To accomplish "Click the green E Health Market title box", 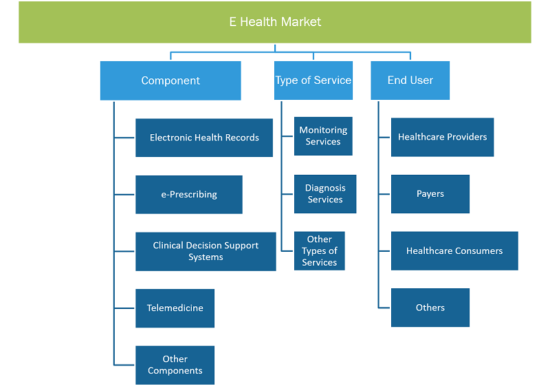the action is (x=275, y=22).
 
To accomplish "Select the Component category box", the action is (x=170, y=81).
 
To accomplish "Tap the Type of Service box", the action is (x=313, y=81).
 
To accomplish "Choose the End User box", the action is (x=410, y=81).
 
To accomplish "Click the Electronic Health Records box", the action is (x=204, y=138).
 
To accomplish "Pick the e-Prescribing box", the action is (x=189, y=195).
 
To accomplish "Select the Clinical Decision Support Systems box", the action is (x=206, y=251).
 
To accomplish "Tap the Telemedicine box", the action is (x=175, y=308).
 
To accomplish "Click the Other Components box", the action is (x=175, y=365).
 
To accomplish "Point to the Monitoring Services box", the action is (x=323, y=136).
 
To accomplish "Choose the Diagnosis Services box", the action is (x=325, y=194).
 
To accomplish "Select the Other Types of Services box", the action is (x=320, y=251).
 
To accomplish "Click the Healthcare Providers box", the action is (x=442, y=137).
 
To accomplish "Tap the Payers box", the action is (x=430, y=194).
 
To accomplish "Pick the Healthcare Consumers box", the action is (x=454, y=251).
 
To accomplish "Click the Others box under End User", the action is (x=430, y=308).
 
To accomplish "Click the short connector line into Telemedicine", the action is (x=124, y=308).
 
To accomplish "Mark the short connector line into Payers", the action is (x=384, y=194).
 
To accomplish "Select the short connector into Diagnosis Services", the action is (x=287, y=194).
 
